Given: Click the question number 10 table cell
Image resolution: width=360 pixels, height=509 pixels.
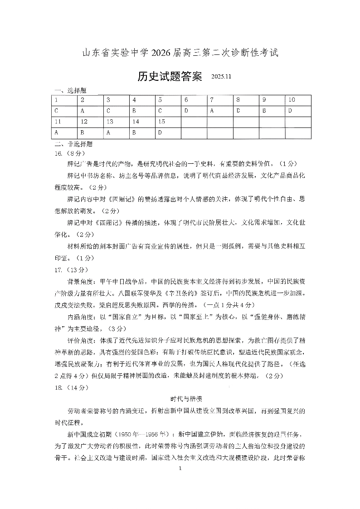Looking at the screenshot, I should (292, 100).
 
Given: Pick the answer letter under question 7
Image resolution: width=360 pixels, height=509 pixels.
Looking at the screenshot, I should (211, 111).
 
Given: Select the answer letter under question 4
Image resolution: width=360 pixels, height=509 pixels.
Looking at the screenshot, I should (134, 111).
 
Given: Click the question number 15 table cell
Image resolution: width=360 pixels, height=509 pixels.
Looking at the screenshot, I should (162, 122).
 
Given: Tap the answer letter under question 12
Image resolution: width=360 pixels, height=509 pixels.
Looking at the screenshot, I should (83, 133).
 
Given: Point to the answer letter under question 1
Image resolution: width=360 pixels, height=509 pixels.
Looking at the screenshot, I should (56, 111).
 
